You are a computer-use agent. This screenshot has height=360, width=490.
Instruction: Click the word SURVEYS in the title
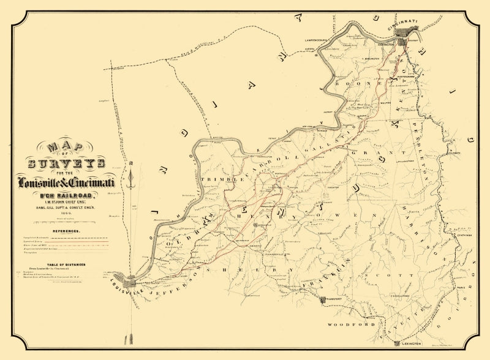[x=66, y=163]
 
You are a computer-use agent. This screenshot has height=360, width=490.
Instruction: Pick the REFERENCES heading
[x=66, y=231]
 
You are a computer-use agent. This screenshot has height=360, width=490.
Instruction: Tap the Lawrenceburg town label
[x=318, y=40]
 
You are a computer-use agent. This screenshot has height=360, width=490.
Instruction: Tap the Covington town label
[x=385, y=44]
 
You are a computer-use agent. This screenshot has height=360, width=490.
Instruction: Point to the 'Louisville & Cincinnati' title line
[x=70, y=182]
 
